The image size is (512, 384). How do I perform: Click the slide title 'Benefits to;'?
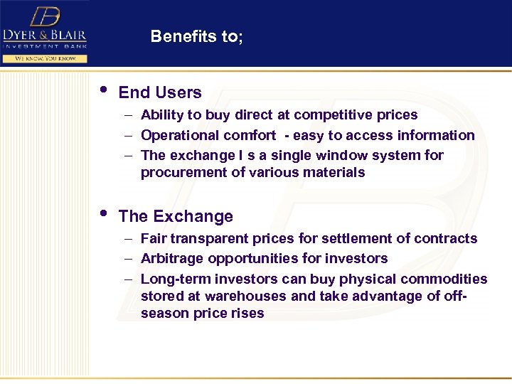pyautogui.click(x=197, y=37)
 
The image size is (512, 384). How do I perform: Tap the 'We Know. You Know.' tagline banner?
pyautogui.click(x=46, y=58)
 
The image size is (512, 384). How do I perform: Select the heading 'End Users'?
pyautogui.click(x=160, y=92)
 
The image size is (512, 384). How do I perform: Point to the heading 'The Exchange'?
pyautogui.click(x=176, y=216)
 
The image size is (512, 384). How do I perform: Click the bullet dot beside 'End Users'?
pyautogui.click(x=104, y=90)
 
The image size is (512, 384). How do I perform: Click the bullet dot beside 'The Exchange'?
pyautogui.click(x=104, y=213)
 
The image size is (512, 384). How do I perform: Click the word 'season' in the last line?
pyautogui.click(x=161, y=313)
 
